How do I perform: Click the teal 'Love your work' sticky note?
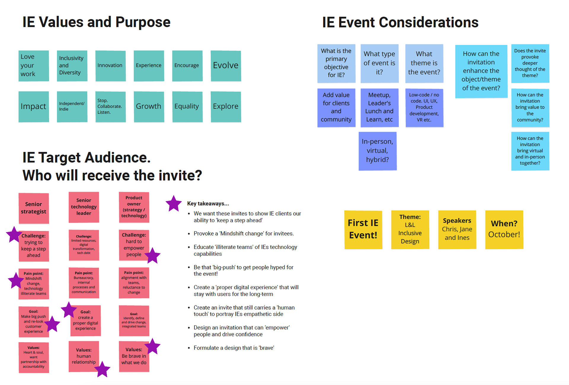pos(33,66)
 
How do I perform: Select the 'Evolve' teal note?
pos(226,66)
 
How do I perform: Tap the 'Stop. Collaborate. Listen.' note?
pos(110,106)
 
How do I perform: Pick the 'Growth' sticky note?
pos(149,106)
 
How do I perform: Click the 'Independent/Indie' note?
pos(72,106)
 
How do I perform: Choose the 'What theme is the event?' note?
pos(424,63)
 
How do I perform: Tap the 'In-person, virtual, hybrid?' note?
pos(378,151)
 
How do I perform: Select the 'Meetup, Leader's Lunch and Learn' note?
pos(379,107)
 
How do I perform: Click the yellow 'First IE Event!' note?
pos(363,229)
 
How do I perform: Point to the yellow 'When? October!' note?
pos(504,229)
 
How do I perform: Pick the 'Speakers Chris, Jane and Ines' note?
pos(457,229)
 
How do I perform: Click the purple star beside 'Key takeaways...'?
pos(173,204)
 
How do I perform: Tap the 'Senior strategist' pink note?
pos(33,208)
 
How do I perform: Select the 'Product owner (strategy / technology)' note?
pos(134,207)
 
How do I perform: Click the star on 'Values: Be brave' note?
pos(153,346)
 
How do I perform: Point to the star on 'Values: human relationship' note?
pos(102,369)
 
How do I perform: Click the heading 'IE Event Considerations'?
pos(400,23)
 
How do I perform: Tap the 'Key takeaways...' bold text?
pos(208,204)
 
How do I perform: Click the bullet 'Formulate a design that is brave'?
pos(234,348)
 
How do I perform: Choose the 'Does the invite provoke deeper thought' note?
pos(530,63)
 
